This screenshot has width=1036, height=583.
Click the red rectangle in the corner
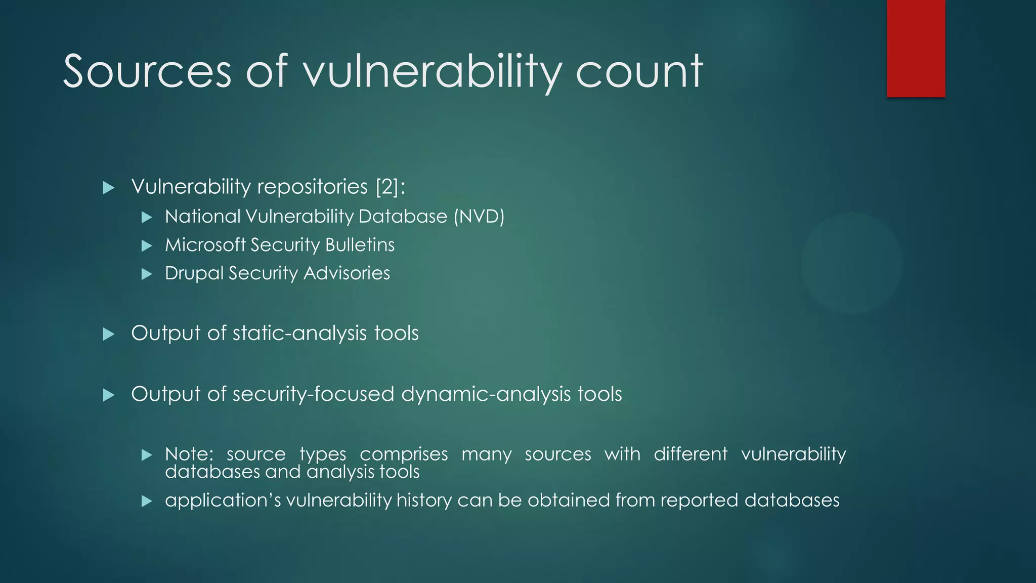coord(916,48)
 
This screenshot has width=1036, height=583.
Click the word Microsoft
coord(205,245)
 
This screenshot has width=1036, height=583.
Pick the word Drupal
coord(194,274)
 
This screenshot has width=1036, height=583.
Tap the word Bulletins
coord(360,245)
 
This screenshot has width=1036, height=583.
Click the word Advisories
coord(347,273)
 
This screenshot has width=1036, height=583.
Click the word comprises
coord(404,454)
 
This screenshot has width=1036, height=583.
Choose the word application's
coord(223,501)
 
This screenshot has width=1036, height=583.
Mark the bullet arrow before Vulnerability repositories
coord(108,188)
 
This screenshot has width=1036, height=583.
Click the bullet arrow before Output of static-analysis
coord(108,335)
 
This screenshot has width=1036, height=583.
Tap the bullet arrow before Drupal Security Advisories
coord(147,275)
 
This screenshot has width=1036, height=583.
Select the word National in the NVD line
coord(203,217)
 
